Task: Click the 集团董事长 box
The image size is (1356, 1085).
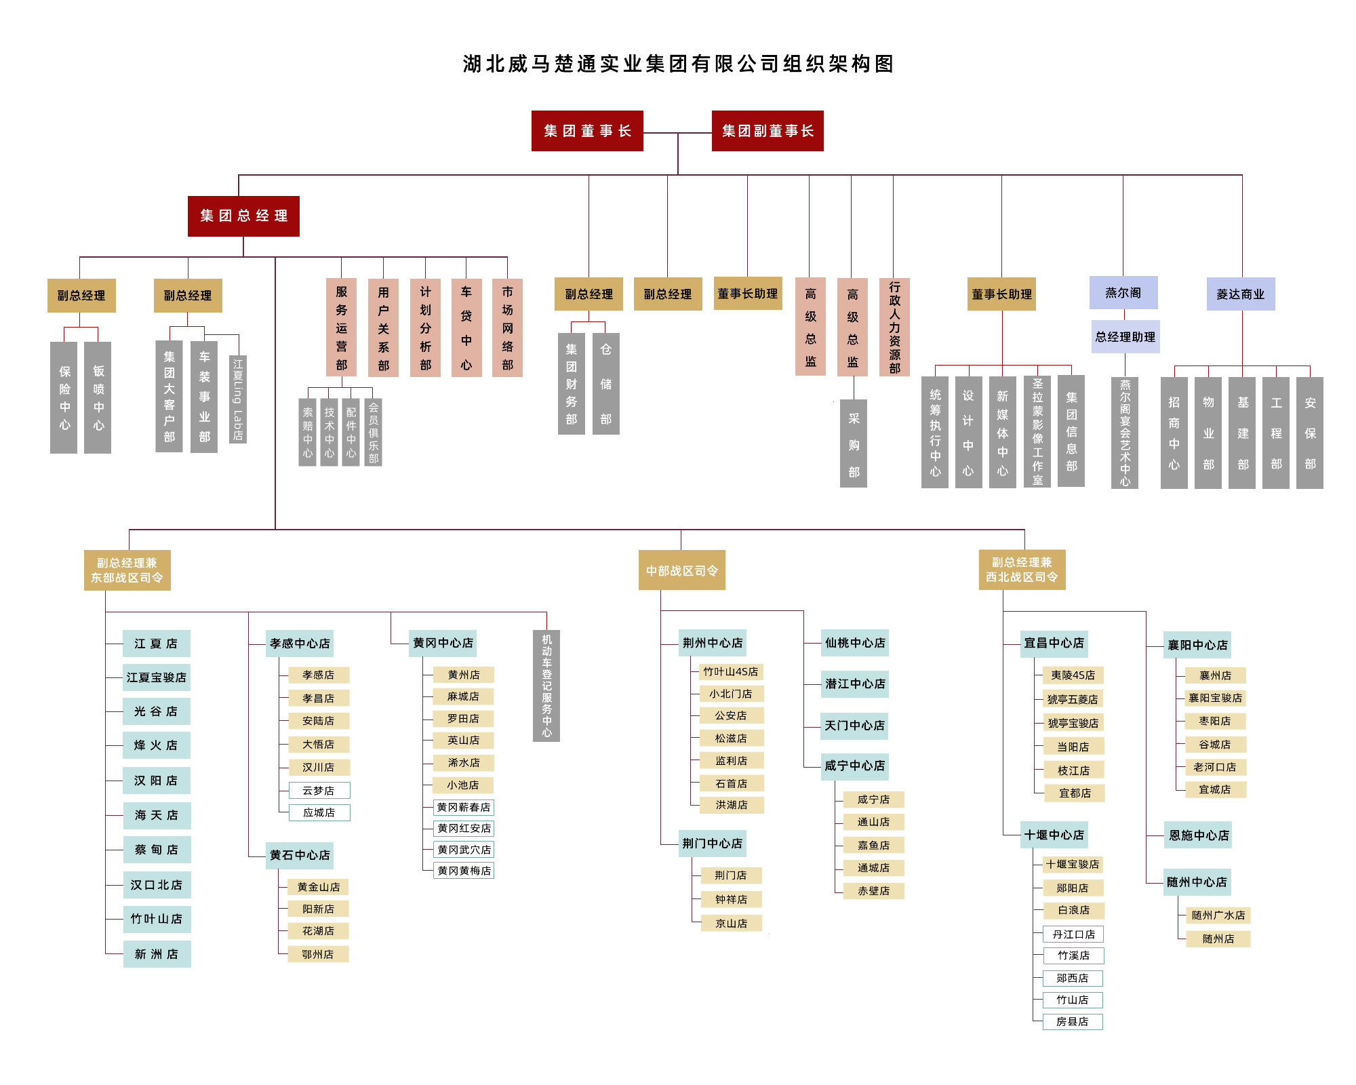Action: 587,131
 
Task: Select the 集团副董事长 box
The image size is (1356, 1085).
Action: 767,131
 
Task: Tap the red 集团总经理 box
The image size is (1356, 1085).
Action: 243,216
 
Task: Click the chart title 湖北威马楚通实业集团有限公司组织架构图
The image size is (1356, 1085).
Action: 678,64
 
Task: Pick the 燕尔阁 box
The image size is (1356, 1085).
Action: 1123,293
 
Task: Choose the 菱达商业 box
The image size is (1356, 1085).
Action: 1241,294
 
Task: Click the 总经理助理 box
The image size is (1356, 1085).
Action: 1125,337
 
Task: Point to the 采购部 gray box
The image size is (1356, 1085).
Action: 854,443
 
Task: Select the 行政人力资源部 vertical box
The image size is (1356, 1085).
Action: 894,327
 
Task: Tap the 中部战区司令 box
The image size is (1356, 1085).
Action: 682,570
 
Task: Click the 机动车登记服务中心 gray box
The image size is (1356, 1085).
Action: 546,686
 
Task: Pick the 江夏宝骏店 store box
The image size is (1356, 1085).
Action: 157,677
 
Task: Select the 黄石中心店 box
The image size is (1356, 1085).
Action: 300,855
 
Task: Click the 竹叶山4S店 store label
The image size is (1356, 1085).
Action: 731,672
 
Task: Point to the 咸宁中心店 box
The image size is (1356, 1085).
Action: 854,766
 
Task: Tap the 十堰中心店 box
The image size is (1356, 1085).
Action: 1054,835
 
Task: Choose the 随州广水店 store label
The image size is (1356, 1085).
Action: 1218,915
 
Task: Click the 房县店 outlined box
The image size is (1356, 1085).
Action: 1073,1022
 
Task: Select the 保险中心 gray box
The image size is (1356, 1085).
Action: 64,397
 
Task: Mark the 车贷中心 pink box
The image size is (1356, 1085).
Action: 466,328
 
